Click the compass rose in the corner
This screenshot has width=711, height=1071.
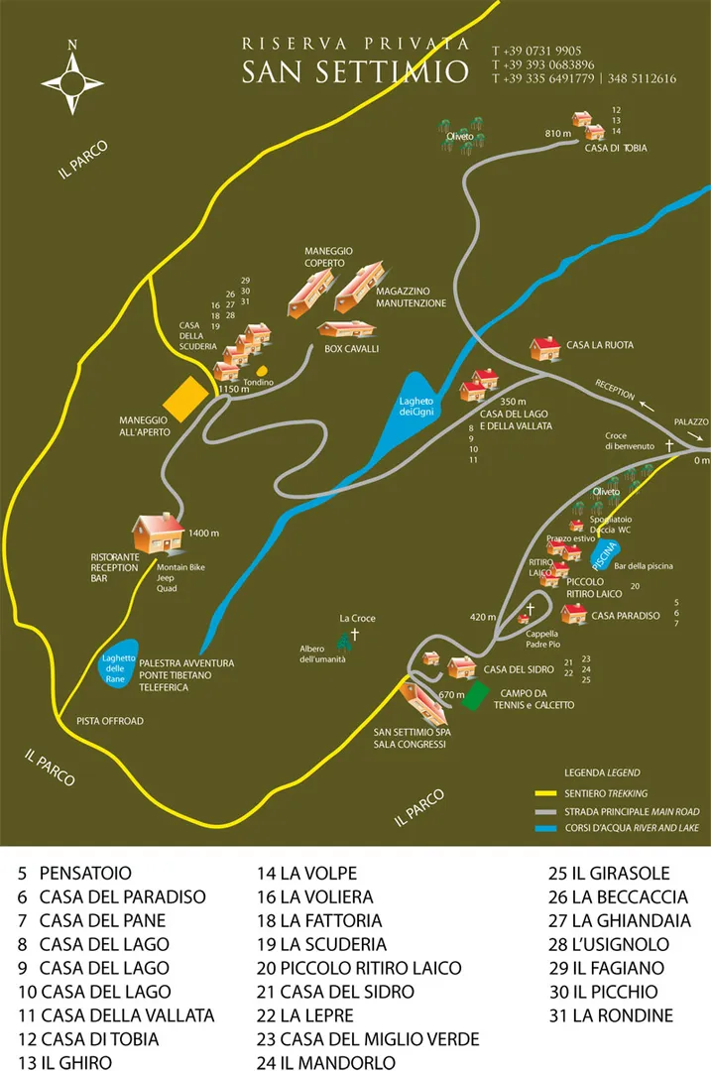[72, 76]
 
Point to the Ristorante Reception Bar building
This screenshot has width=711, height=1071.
[158, 533]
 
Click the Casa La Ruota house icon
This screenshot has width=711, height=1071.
[545, 347]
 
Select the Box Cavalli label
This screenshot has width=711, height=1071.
[352, 349]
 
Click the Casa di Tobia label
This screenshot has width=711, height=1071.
[615, 148]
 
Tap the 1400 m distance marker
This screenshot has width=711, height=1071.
[203, 534]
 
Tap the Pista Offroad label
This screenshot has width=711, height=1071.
[109, 721]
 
